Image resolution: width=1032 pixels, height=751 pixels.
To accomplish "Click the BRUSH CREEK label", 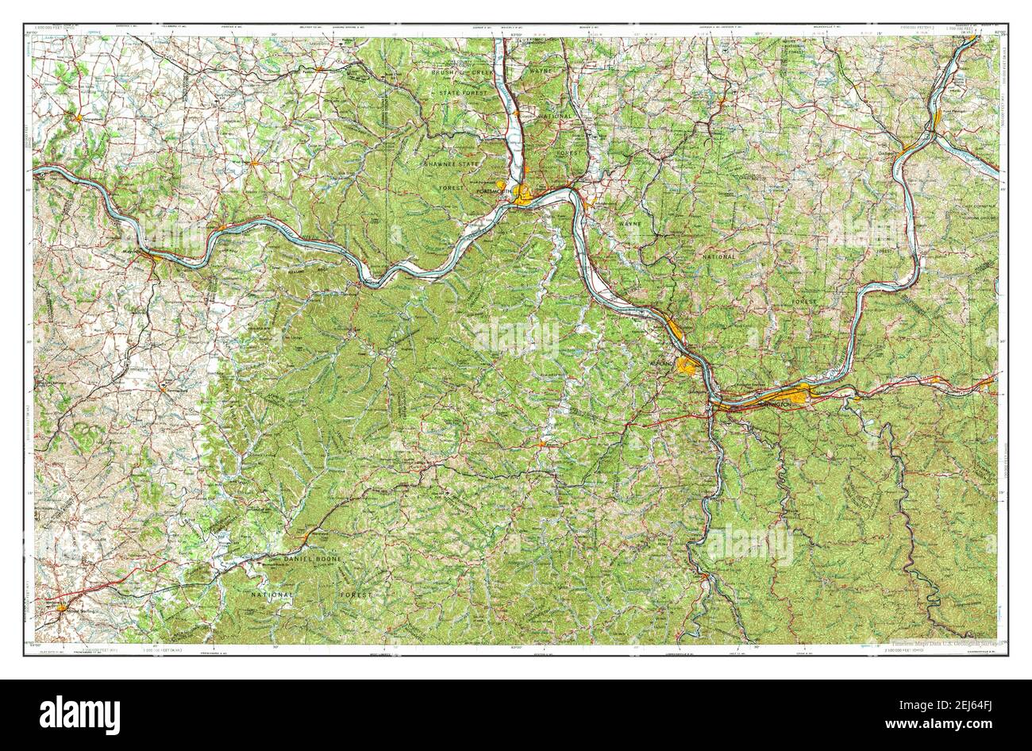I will click(x=463, y=72).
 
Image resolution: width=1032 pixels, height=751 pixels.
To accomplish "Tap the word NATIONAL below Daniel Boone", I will click(x=272, y=594).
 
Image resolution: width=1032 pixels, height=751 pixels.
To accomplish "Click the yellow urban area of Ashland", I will click(x=687, y=365).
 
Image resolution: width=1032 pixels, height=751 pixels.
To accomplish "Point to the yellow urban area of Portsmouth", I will click(x=525, y=196).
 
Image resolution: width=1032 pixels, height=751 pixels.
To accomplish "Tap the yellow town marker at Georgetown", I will click(x=80, y=118).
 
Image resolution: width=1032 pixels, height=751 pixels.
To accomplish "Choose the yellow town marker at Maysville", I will click(x=156, y=257).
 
